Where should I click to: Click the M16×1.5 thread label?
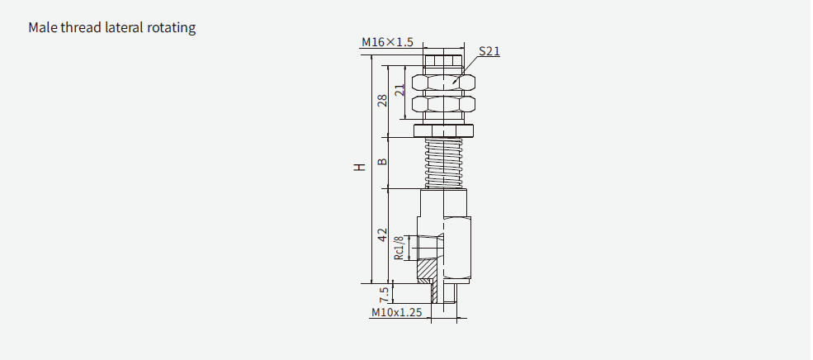tap(387, 42)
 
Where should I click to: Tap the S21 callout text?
tap(489, 51)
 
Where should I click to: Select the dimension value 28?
tap(382, 101)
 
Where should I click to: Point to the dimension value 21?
tap(399, 91)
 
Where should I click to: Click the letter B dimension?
tap(382, 161)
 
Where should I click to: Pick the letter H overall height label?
tap(359, 168)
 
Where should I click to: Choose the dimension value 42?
tap(382, 235)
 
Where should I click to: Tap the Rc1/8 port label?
tap(399, 248)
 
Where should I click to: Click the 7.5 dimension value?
tap(383, 294)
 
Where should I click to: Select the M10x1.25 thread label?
tap(396, 313)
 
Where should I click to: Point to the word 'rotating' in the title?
tap(173, 28)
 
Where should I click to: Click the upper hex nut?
tap(446, 83)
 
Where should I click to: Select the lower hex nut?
tap(446, 106)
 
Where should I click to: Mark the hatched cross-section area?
tap(428, 270)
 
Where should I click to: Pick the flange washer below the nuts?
tap(446, 130)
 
